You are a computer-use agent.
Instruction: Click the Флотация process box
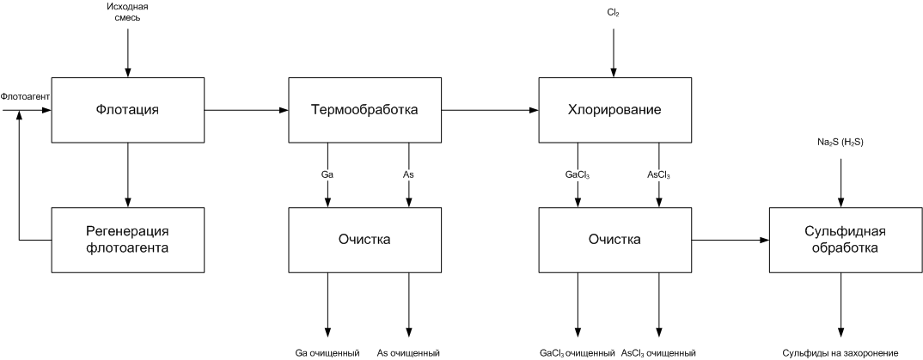(128, 109)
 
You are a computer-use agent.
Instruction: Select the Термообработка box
(365, 109)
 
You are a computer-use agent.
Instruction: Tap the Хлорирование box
(614, 109)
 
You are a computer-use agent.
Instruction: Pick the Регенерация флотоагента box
(128, 240)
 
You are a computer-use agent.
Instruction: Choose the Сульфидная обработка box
(846, 240)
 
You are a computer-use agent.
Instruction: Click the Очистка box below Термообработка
(365, 240)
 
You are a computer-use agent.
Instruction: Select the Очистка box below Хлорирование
(614, 240)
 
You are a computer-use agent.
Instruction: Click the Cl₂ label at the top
(614, 12)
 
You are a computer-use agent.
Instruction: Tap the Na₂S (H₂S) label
(840, 143)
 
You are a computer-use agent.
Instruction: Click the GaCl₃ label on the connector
(578, 174)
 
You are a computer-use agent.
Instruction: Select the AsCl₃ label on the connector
(658, 174)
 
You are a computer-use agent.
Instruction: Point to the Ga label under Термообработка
(327, 174)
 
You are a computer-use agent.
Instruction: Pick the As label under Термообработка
(408, 174)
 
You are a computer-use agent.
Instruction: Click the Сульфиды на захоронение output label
(840, 353)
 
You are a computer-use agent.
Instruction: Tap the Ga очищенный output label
(327, 353)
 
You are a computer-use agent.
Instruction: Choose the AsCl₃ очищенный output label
(658, 353)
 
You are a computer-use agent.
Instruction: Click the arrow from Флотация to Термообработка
(247, 109)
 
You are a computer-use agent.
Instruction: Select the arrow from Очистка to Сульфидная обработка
(731, 240)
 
